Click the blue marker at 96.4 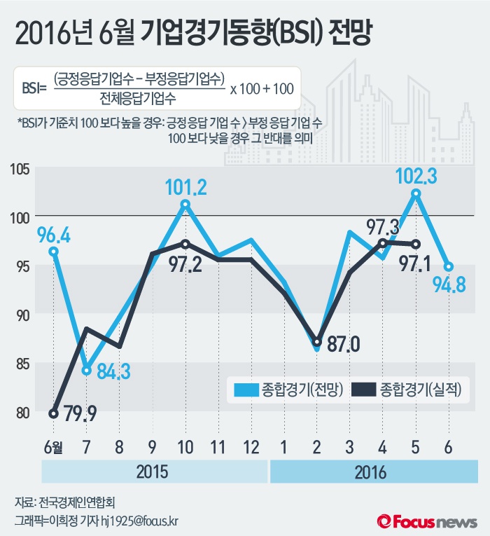coord(54,251)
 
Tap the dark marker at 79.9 coord(54,413)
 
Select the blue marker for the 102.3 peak coord(416,194)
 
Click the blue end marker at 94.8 coord(449,266)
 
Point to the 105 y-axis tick coord(19,169)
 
